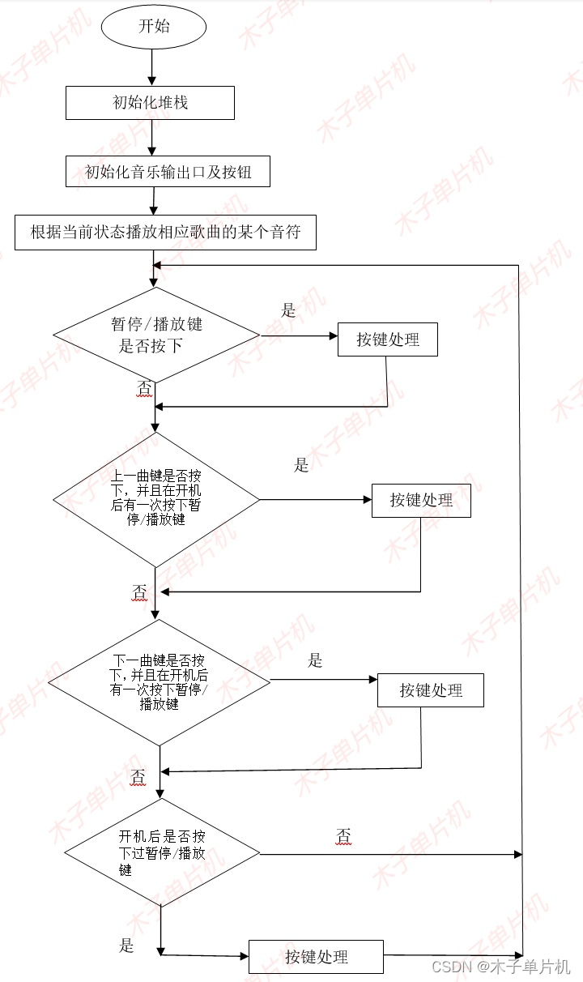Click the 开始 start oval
click(x=154, y=26)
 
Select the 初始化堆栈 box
click(x=150, y=103)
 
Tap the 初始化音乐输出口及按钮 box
click(x=168, y=172)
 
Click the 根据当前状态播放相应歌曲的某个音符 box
click(x=165, y=232)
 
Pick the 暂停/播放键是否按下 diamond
click(x=156, y=335)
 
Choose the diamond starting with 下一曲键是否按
click(x=160, y=682)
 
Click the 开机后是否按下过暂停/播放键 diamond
click(x=162, y=853)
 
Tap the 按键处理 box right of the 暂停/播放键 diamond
click(x=388, y=339)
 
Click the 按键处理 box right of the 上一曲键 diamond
click(x=421, y=500)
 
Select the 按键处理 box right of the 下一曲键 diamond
click(x=431, y=690)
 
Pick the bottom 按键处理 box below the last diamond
click(x=316, y=957)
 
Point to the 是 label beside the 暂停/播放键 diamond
click(x=288, y=310)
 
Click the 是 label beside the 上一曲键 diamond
click(x=301, y=465)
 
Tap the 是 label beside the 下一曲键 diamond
click(x=315, y=660)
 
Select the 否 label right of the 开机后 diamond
click(x=343, y=835)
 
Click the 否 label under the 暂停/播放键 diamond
click(x=143, y=389)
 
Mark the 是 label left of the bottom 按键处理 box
click(x=126, y=945)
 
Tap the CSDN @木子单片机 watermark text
click(x=500, y=967)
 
